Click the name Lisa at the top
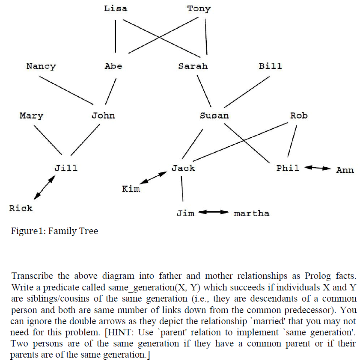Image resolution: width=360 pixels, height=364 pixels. [x=116, y=9]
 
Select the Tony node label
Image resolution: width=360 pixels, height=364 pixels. [x=199, y=9]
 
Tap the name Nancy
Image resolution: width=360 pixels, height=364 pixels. [x=41, y=66]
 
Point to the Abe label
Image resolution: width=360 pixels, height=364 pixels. [x=113, y=66]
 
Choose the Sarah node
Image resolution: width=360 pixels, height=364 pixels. [x=193, y=66]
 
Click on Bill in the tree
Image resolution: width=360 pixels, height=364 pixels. [x=270, y=66]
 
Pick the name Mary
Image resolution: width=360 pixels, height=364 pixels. [x=31, y=116]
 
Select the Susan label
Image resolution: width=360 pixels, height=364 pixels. [x=214, y=116]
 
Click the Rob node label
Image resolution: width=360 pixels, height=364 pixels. [x=299, y=116]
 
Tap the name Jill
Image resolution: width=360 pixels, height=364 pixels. [x=66, y=168]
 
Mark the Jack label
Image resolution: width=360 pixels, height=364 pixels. [x=183, y=168]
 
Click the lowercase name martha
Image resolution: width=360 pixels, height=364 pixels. [x=252, y=213]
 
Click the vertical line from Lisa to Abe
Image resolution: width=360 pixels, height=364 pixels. [x=116, y=36]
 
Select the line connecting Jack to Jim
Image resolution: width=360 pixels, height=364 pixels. [x=183, y=189]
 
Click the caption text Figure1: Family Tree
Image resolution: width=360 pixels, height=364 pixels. [x=55, y=231]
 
